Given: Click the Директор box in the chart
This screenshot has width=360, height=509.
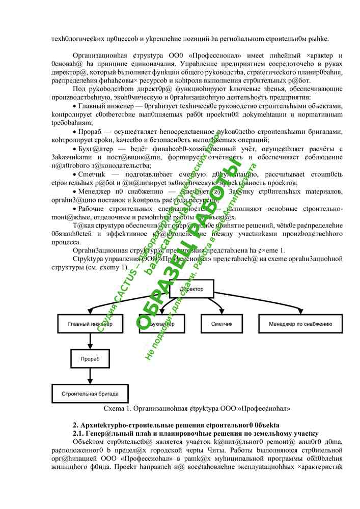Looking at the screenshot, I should [191, 289].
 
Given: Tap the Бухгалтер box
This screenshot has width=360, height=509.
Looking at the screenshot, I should [161, 324].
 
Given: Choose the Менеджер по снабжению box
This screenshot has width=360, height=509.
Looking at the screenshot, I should [300, 324].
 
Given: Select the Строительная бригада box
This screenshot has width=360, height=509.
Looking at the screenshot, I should [90, 393].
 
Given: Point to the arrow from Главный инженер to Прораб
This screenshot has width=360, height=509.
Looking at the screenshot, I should [90, 341].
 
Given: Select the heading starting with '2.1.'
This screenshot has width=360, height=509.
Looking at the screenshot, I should [196, 433].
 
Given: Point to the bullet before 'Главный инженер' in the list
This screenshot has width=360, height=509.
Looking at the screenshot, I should [75, 106].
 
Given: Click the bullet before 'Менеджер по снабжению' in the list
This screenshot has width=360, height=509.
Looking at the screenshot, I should [75, 192].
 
